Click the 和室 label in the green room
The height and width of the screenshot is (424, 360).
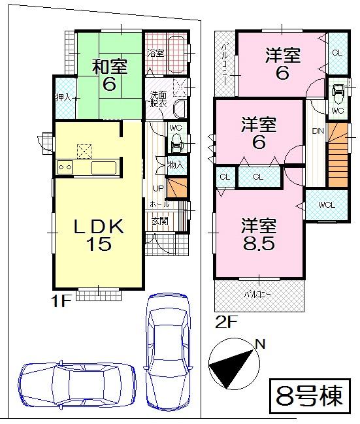(108, 66)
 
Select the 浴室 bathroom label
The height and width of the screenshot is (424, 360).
(155, 52)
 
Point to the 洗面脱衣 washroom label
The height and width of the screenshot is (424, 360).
(159, 99)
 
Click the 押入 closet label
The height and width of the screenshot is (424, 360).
(63, 98)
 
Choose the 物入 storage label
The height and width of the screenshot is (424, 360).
(176, 165)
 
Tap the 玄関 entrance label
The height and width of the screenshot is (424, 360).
(160, 221)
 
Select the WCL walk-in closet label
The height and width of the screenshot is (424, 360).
(327, 205)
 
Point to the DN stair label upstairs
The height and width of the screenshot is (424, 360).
(317, 131)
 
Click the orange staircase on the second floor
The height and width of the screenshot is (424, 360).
(338, 157)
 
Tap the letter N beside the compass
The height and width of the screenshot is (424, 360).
(260, 344)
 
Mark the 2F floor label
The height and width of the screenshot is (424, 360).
(223, 321)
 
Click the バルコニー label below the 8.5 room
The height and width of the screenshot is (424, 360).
(258, 293)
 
